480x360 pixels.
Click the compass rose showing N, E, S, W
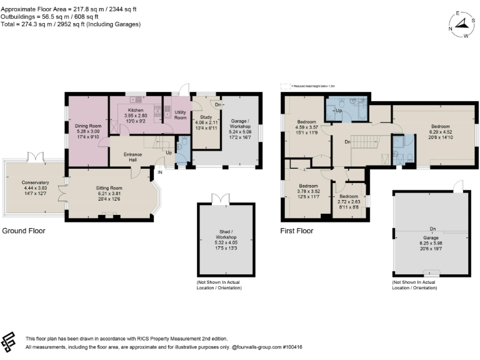click(x=461, y=24)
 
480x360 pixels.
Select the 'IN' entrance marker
click(x=159, y=172)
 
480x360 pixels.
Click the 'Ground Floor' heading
click(x=24, y=231)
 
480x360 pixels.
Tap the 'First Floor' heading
click(x=296, y=231)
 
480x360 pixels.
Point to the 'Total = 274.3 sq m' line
click(x=71, y=24)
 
